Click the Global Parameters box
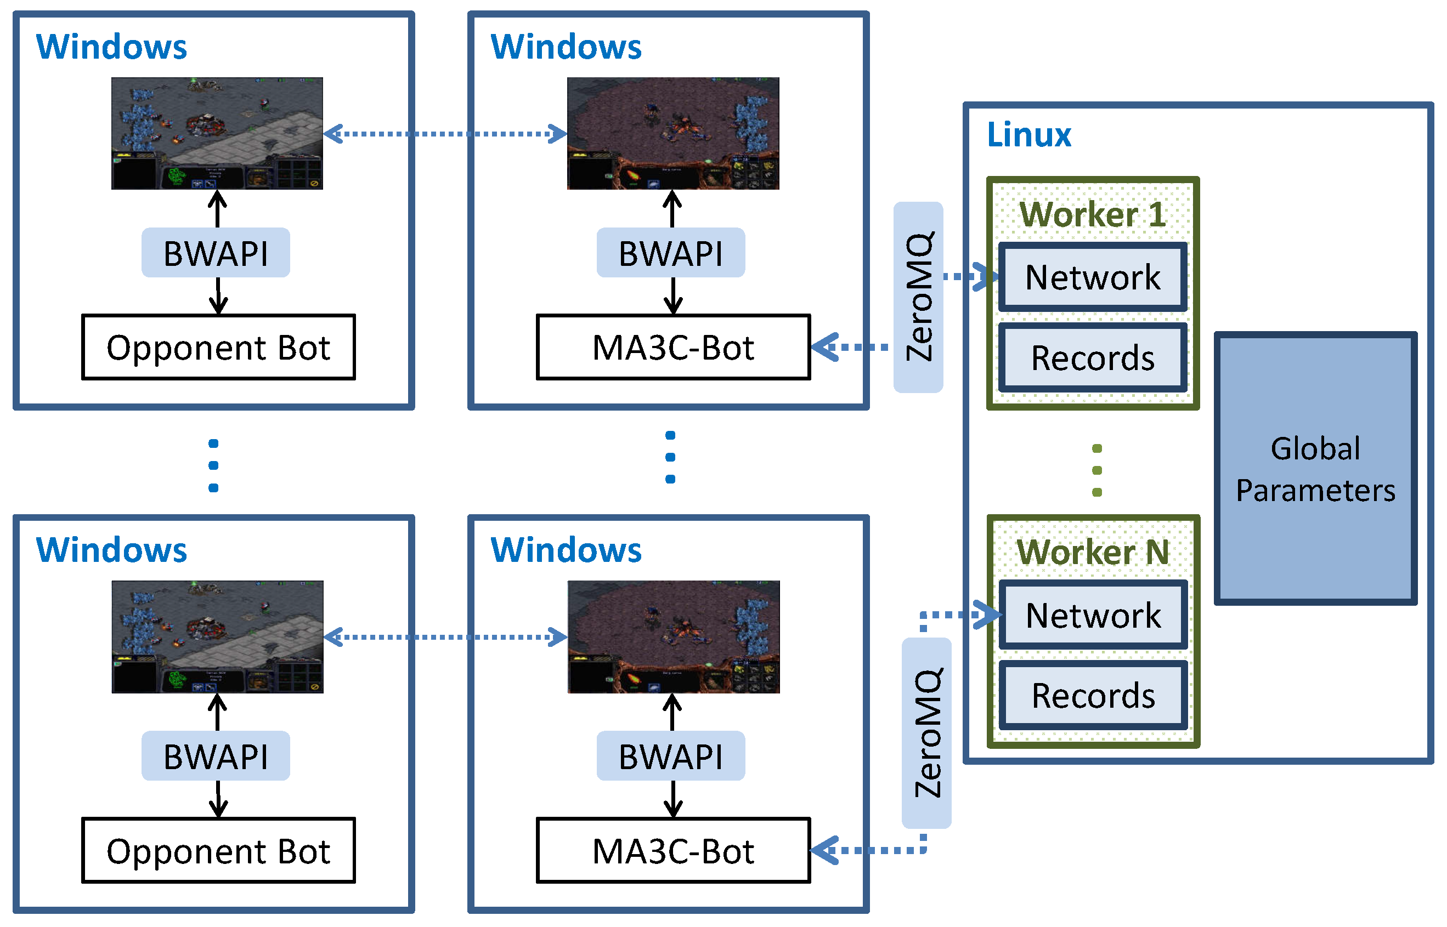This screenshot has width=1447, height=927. click(x=1315, y=468)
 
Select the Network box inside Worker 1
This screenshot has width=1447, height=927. click(x=1092, y=277)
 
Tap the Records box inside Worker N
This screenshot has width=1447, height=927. click(x=1093, y=695)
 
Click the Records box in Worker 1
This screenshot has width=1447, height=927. click(x=1092, y=358)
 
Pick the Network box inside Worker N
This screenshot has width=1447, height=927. click(x=1093, y=615)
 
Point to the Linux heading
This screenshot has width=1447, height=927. click(x=1028, y=134)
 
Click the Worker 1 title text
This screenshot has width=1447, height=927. click(x=1092, y=214)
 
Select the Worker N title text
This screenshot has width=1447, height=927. click(x=1092, y=552)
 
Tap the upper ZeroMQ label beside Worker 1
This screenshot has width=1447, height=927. click(x=918, y=297)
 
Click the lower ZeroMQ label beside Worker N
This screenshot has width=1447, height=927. click(x=926, y=732)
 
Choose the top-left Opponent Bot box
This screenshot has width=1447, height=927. click(x=218, y=348)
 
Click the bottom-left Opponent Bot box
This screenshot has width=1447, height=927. click(x=218, y=851)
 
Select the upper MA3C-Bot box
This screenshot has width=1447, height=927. click(x=672, y=348)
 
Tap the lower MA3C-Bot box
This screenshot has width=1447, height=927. click(x=672, y=851)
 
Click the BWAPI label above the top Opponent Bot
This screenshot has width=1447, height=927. click(x=216, y=253)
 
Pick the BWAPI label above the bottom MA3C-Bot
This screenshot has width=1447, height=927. click(x=670, y=756)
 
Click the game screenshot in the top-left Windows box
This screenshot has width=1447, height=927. click(x=217, y=133)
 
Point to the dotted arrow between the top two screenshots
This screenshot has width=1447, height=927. click(x=445, y=134)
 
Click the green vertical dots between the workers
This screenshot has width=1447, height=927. click(x=1096, y=470)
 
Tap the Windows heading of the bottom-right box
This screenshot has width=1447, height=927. click(x=566, y=550)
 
